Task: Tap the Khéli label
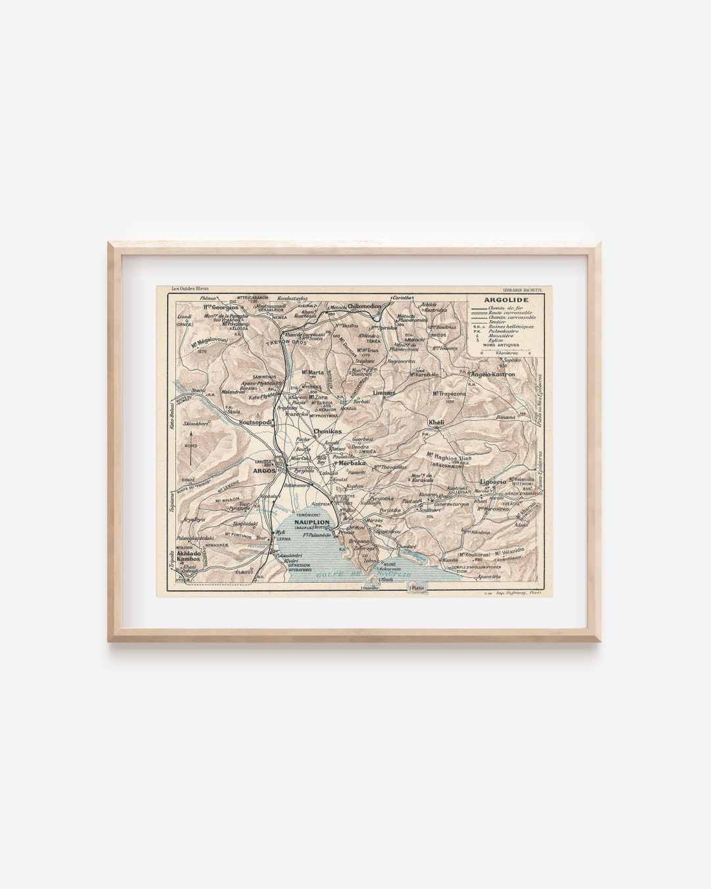[x=436, y=422]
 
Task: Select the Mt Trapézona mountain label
[x=449, y=393]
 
